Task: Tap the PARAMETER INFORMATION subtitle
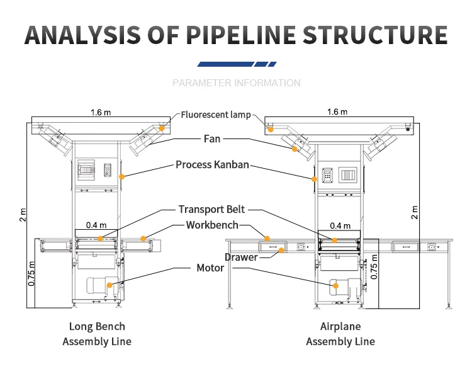[236, 83]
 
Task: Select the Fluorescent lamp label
[216, 115]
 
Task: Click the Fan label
[212, 139]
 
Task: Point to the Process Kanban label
[212, 165]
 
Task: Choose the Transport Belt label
[211, 210]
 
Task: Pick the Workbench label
[212, 225]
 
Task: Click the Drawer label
[241, 257]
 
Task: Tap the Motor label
[211, 268]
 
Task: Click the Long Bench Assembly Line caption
[97, 334]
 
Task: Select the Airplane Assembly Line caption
[340, 334]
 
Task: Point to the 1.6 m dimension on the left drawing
[100, 113]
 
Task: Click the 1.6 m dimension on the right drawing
[337, 112]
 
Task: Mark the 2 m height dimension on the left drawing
[23, 215]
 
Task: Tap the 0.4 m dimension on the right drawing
[340, 226]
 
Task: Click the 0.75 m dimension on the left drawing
[32, 273]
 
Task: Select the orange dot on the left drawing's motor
[110, 285]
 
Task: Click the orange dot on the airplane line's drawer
[284, 250]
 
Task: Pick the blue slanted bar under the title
[236, 64]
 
